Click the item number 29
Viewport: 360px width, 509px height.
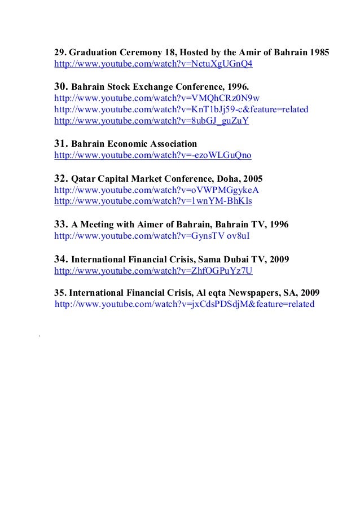[59, 53]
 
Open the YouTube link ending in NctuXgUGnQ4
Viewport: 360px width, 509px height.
[153, 64]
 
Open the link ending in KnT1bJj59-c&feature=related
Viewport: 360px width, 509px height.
[181, 109]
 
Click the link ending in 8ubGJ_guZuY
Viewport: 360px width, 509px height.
[151, 121]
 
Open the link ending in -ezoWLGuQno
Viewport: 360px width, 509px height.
[152, 155]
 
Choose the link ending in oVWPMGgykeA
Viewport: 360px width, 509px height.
[156, 189]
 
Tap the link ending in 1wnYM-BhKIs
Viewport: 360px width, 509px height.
[153, 200]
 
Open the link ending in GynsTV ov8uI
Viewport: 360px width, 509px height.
[151, 235]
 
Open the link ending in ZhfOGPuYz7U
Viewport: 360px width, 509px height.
[153, 271]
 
